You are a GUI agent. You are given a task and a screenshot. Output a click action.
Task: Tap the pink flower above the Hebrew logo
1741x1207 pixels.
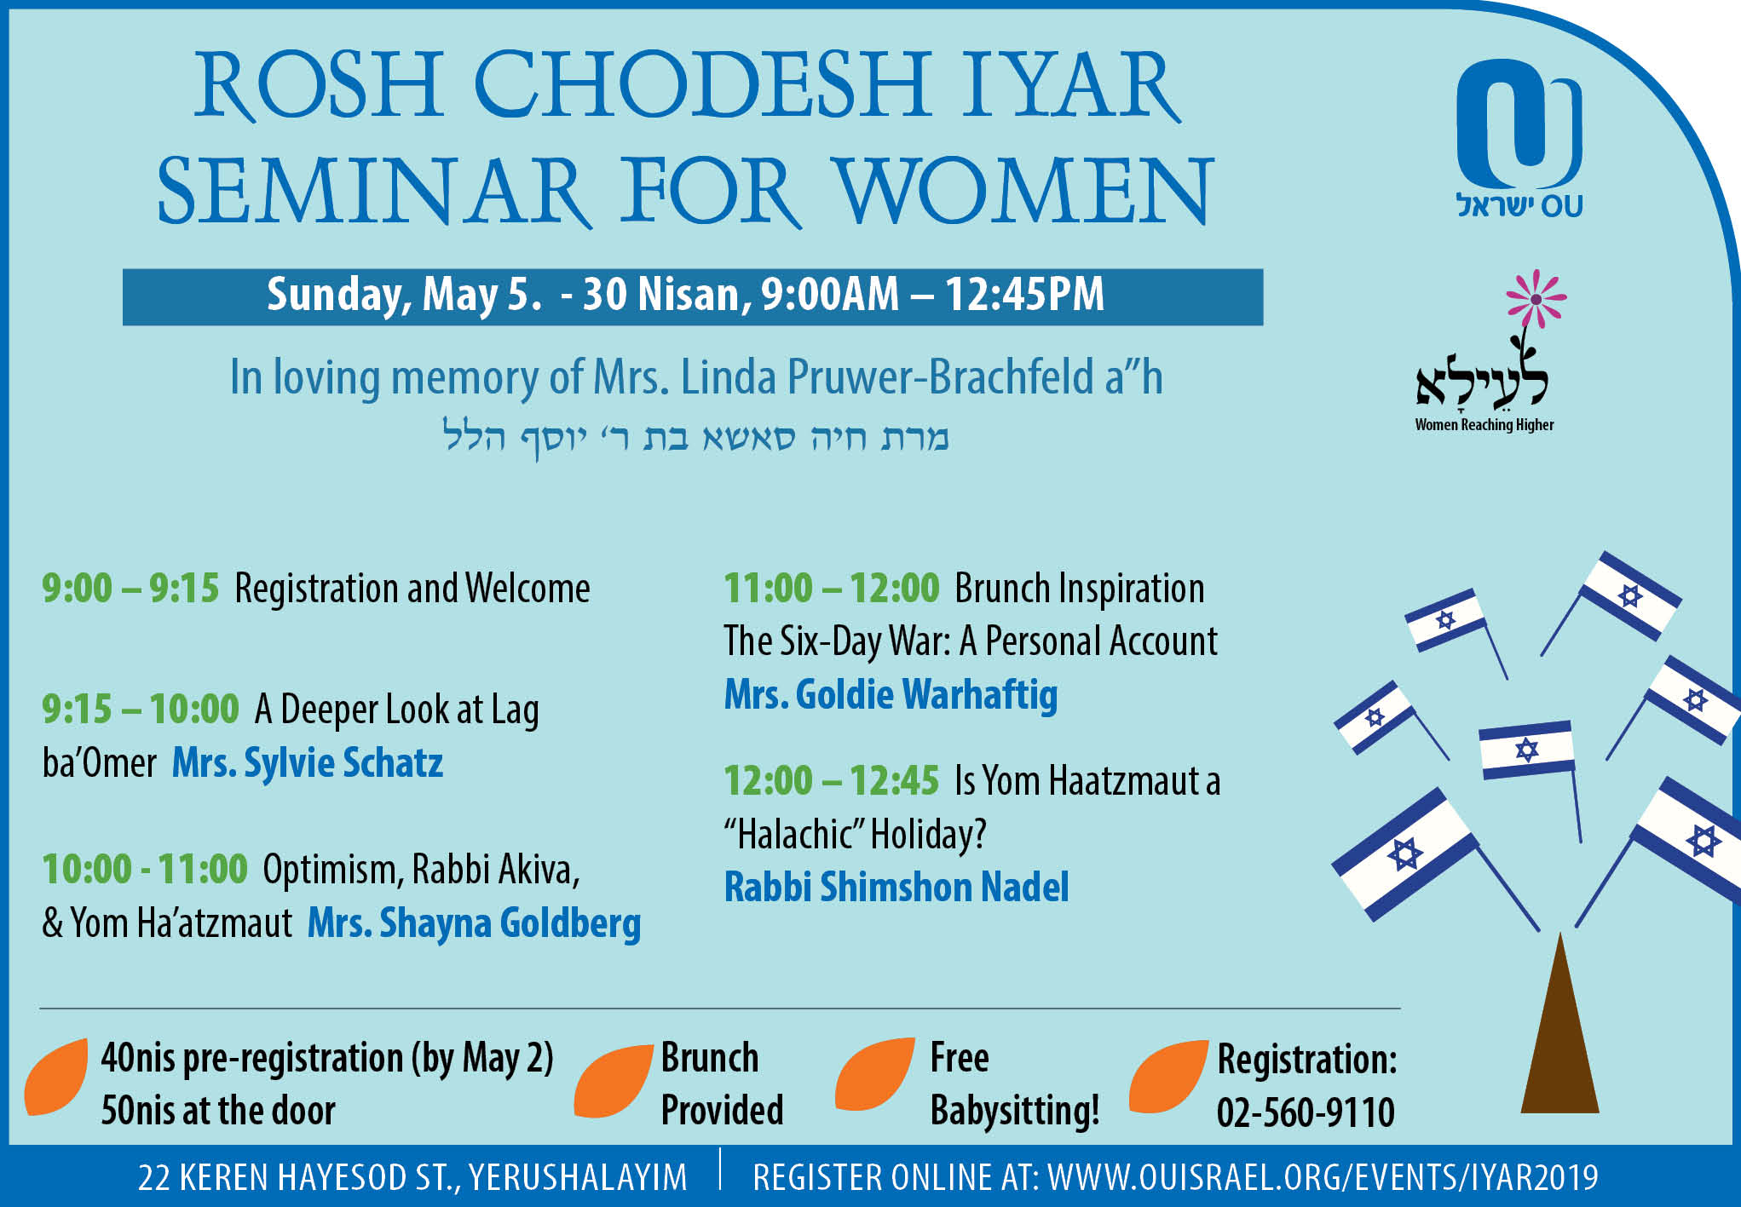coord(1536,300)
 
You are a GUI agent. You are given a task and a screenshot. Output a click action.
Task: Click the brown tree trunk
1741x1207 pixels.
coord(1559,1026)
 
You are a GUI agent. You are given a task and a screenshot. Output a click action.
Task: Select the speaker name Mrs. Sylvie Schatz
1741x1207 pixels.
coord(308,763)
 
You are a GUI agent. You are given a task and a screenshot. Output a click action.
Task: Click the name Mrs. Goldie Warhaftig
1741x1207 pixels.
coord(891,695)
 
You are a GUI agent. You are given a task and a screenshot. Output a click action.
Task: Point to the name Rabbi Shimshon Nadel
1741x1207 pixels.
coord(896,887)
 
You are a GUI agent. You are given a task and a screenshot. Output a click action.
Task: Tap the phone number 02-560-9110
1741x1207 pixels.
coord(1306,1112)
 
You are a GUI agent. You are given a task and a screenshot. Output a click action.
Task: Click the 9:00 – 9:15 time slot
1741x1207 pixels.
coord(130,589)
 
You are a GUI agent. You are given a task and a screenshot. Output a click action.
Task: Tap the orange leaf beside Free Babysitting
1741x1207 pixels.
coord(874,1074)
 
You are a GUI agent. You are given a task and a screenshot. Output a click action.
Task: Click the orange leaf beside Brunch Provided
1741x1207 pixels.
coord(613,1080)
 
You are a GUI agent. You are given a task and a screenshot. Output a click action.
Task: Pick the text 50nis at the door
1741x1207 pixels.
coord(218,1111)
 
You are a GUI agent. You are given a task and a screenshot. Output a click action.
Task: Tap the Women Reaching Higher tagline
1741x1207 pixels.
coord(1484,425)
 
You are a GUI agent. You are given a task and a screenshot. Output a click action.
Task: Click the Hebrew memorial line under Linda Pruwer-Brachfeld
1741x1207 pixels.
coord(695,437)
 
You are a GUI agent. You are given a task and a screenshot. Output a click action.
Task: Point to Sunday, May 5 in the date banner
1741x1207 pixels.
coord(404,295)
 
